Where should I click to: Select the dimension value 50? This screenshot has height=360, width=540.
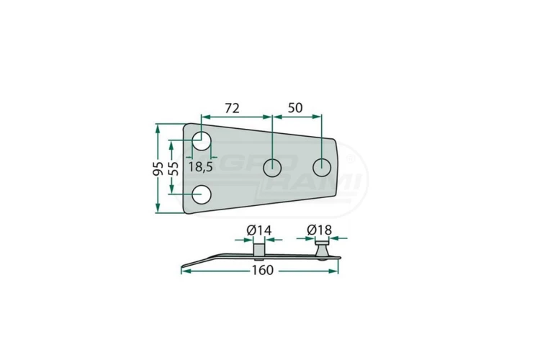(295, 109)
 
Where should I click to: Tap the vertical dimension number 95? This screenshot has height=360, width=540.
(158, 168)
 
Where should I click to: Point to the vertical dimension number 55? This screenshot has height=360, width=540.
(174, 168)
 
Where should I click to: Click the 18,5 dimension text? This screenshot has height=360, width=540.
(199, 167)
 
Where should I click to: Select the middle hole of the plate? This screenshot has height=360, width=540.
(272, 168)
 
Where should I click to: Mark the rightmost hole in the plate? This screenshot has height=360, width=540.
(321, 168)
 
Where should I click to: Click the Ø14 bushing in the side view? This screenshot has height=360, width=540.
(258, 249)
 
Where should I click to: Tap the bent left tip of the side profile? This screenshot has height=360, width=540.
(184, 267)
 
